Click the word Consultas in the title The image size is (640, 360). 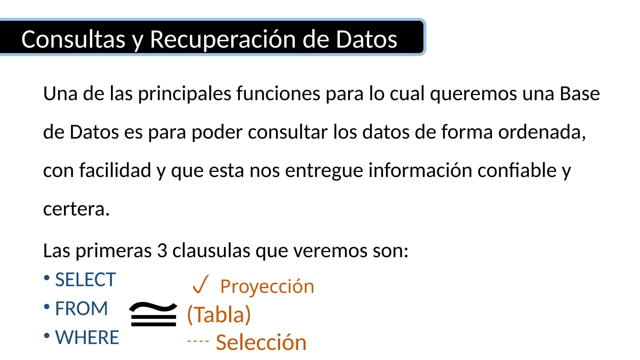(73, 40)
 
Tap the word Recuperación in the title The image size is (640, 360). (223, 40)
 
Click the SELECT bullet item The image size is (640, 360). (85, 279)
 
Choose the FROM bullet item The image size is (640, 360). (81, 308)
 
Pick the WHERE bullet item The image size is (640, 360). (87, 337)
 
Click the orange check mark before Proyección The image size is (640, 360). (200, 284)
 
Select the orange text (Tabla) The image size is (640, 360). (219, 314)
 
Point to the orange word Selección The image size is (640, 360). (261, 342)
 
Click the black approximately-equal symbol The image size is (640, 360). (153, 314)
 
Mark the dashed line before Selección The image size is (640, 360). (198, 341)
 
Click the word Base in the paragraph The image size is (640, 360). (580, 93)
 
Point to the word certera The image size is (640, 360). (76, 209)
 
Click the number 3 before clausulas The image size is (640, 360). (162, 251)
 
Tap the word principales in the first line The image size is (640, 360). (185, 93)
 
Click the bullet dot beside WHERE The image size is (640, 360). (47, 336)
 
